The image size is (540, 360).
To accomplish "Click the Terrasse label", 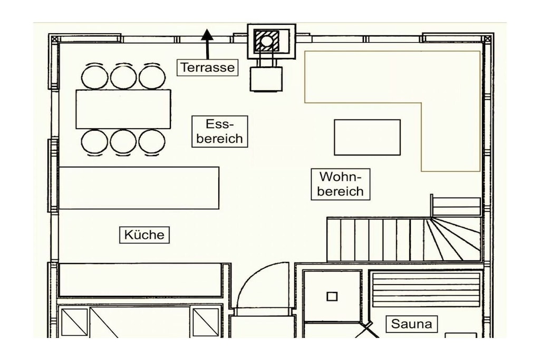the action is click(207, 67).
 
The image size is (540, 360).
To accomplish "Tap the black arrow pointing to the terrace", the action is click(207, 44).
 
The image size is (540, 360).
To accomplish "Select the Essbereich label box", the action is click(220, 131).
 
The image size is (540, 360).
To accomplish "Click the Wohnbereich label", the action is click(340, 184).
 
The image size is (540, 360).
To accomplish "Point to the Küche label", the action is click(144, 235).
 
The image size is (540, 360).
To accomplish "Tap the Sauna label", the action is click(411, 324).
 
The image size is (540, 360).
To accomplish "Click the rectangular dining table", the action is click(123, 109).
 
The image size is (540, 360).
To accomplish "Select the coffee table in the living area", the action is click(367, 138).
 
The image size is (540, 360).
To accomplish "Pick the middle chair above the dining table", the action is click(123, 76).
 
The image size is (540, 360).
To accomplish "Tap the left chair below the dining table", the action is click(94, 142).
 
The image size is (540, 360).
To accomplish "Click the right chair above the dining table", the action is click(152, 76).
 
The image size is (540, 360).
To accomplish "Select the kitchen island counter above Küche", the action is click(139, 188).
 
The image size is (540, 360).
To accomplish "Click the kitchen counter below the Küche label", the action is click(140, 280).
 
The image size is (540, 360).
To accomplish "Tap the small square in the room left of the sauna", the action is click(332, 296).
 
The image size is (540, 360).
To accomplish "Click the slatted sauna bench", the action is click(426, 290).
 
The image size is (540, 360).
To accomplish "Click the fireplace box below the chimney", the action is click(266, 79).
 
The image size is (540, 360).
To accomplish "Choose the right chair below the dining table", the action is click(152, 142).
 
